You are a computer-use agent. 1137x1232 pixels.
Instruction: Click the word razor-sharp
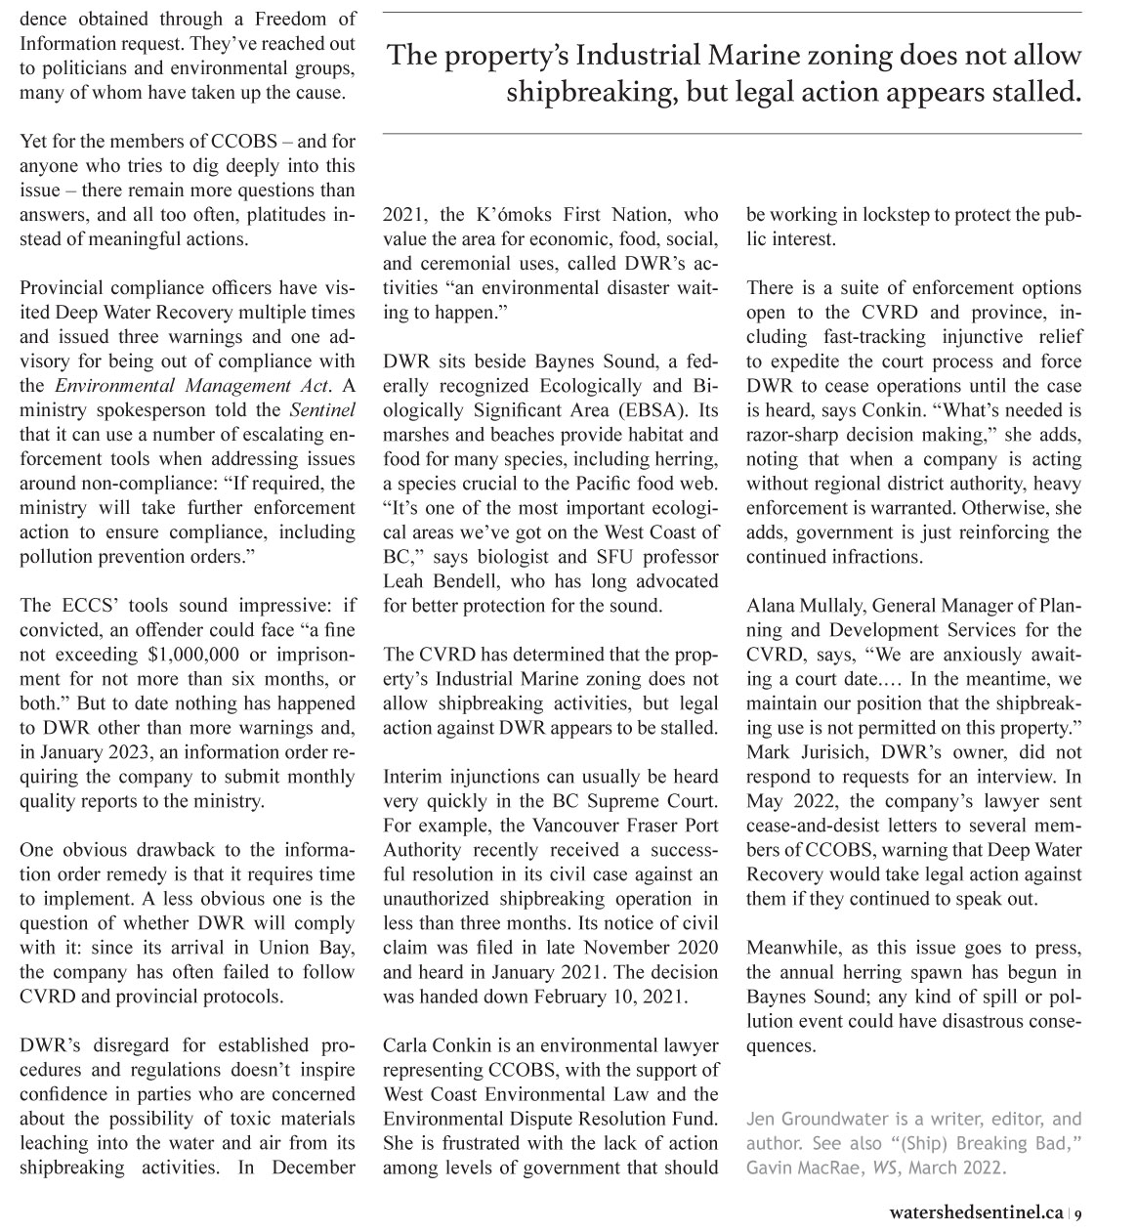click(x=795, y=435)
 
